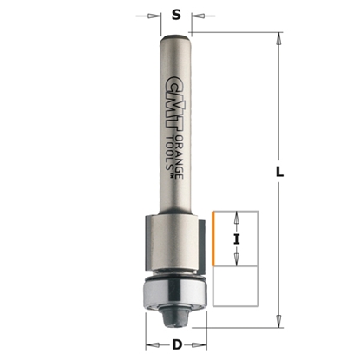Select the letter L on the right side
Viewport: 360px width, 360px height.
[279, 173]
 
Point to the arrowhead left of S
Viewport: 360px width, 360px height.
[157, 15]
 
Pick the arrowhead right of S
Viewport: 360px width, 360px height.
[197, 15]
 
